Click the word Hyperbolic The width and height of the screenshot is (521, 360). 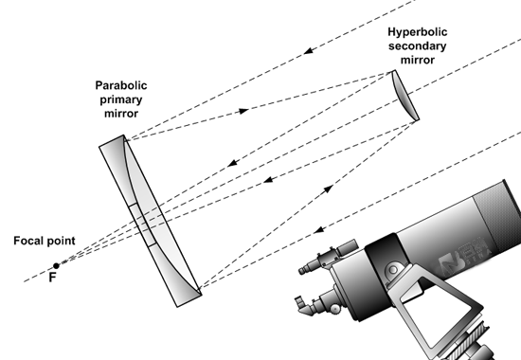[x=418, y=32]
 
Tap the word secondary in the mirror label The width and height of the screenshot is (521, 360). [x=418, y=45]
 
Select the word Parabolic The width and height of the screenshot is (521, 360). [x=121, y=85]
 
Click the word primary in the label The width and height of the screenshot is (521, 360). [x=121, y=99]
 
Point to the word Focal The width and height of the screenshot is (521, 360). [x=26, y=241]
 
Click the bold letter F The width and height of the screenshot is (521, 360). [x=52, y=278]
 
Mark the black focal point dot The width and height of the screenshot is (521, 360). [x=56, y=265]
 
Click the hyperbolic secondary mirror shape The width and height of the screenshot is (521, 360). [x=404, y=96]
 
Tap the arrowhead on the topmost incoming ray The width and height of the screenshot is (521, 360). [x=309, y=51]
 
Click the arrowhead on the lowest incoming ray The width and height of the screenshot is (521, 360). [x=319, y=229]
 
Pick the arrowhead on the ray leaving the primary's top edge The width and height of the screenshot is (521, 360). [x=243, y=111]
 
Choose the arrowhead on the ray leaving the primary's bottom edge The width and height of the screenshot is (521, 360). [x=328, y=189]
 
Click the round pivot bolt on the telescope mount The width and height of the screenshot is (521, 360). [x=393, y=270]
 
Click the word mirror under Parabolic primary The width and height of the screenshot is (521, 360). [x=121, y=114]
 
